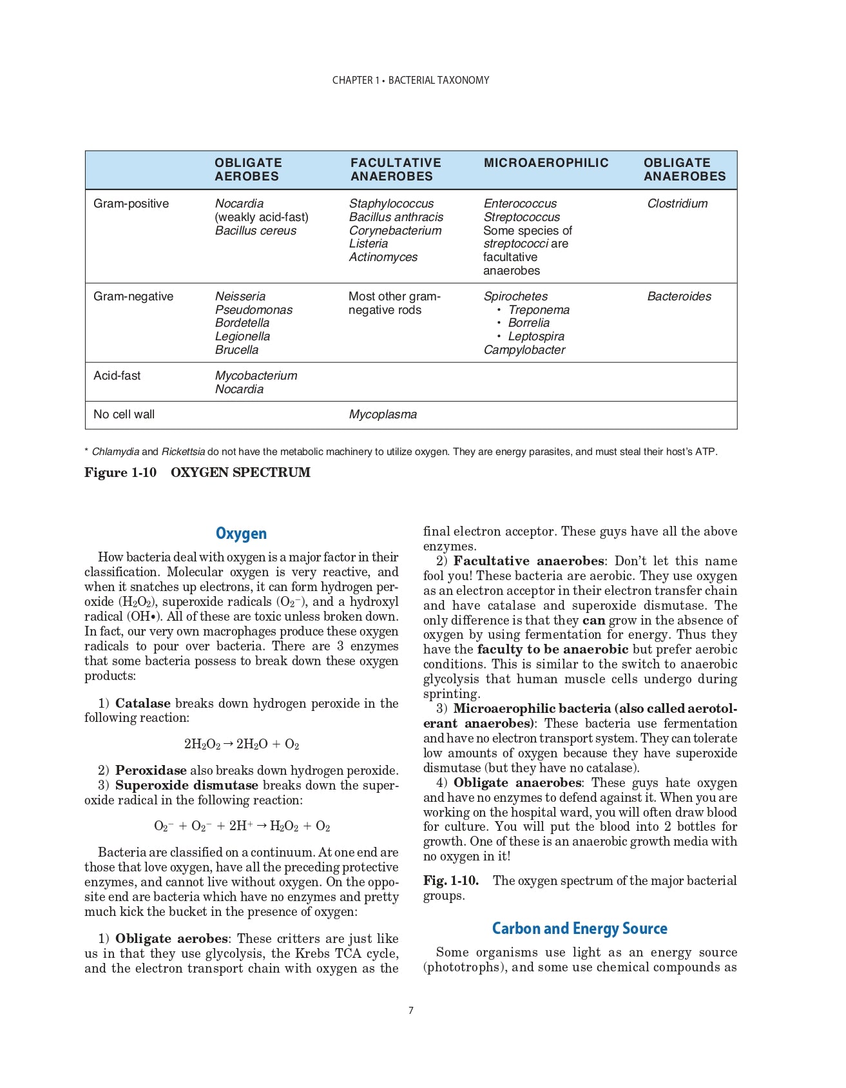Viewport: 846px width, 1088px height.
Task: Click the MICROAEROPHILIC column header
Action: pos(546,162)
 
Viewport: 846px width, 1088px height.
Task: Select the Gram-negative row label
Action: pos(133,296)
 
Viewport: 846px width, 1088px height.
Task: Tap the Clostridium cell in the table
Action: pos(677,204)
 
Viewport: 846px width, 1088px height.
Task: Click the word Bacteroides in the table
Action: pos(679,296)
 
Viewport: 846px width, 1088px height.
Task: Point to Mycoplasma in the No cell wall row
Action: pos(383,414)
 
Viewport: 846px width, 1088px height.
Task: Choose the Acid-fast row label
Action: pos(117,376)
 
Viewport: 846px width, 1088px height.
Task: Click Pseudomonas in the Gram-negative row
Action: pos(253,310)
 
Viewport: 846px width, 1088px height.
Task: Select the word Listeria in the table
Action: pos(369,244)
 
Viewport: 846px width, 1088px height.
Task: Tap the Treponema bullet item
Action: pos(539,310)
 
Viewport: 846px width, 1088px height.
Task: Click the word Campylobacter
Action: pos(524,350)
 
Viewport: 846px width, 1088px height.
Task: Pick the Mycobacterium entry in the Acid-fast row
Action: pos(256,376)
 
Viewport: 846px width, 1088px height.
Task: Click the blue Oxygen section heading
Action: pos(241,534)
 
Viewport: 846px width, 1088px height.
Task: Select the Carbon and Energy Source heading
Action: pos(579,929)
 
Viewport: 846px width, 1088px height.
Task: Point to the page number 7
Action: pos(411,1011)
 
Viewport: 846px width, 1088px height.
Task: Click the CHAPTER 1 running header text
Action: pos(410,81)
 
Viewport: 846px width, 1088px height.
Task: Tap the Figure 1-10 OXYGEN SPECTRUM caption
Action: pos(197,472)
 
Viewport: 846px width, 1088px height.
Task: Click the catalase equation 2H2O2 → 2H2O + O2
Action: pos(242,744)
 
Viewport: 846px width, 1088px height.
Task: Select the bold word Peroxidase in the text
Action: pos(151,771)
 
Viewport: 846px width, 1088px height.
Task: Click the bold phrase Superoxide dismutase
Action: pos(186,786)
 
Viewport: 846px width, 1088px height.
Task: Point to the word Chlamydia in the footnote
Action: pos(115,452)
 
